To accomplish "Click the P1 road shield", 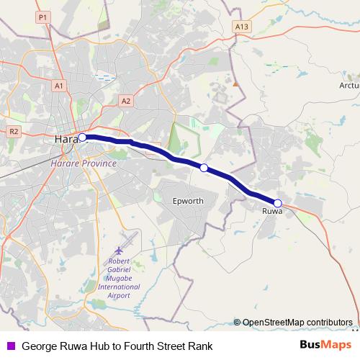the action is [x=43, y=16].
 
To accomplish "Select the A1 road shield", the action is [x=59, y=85].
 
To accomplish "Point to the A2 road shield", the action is [x=126, y=101].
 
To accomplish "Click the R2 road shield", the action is [x=14, y=131].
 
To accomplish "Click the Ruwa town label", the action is [x=272, y=212].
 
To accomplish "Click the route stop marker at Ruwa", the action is [x=278, y=203].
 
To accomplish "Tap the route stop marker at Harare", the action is [x=82, y=137].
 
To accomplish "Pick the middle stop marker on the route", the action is [x=204, y=168].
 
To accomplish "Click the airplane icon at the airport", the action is [x=129, y=238].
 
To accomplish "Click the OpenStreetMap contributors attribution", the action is [x=297, y=323].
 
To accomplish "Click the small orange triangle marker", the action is [x=235, y=84].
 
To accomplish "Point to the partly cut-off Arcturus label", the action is [x=348, y=84].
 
